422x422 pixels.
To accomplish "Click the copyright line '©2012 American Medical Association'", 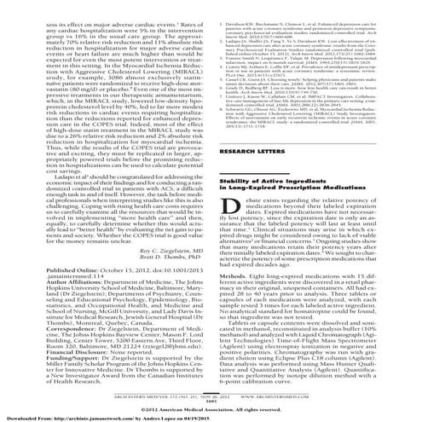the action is tap(211, 398).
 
